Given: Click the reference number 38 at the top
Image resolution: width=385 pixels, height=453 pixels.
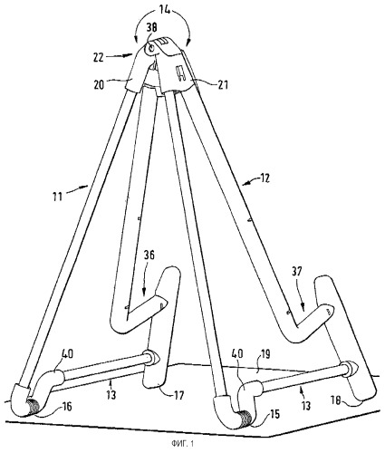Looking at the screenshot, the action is click(x=152, y=28).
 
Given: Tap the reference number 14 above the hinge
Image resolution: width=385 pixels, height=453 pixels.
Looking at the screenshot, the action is click(x=162, y=10).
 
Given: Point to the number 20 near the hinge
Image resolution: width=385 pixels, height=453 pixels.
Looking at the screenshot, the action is click(x=99, y=85).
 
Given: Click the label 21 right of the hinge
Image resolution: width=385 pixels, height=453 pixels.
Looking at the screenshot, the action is click(x=222, y=84).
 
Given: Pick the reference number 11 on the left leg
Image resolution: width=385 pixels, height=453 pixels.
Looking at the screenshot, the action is click(x=57, y=197).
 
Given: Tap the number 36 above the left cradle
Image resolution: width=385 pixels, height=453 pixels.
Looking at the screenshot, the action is click(x=148, y=255).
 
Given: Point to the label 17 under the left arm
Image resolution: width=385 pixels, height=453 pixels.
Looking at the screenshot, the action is click(x=178, y=395).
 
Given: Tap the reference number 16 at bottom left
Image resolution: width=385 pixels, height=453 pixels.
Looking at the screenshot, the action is click(x=66, y=406).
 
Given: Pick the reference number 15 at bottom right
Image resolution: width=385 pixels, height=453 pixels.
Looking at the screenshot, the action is click(x=274, y=414).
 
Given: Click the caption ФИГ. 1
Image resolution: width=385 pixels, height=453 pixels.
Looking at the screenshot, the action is click(x=182, y=444).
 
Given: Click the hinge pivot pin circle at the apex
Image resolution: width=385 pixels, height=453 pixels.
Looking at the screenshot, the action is click(x=151, y=48).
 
